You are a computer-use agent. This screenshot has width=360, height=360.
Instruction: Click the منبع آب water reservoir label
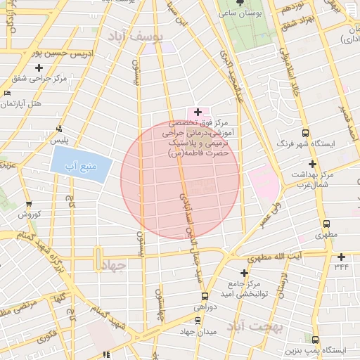point(81,167)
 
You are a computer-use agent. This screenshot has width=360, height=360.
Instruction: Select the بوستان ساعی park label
point(240,13)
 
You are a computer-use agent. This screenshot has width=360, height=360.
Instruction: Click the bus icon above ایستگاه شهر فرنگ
point(305,133)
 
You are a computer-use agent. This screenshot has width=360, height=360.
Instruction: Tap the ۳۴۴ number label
point(342,266)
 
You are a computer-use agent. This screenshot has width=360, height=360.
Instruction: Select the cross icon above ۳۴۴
point(342,257)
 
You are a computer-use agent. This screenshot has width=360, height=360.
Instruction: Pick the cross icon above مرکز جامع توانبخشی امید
point(244,273)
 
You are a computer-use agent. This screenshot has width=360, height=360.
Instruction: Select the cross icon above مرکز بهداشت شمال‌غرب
point(312,163)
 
